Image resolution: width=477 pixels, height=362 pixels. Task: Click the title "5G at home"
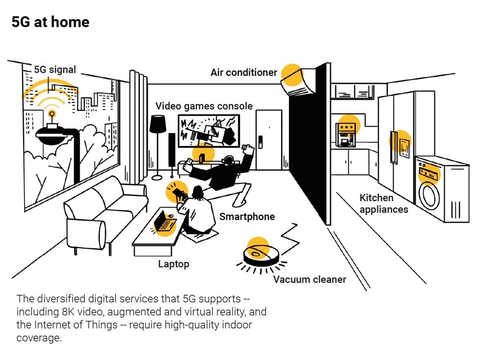50,22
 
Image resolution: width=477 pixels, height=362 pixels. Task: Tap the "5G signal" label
55,70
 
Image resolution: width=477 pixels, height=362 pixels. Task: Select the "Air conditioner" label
244,73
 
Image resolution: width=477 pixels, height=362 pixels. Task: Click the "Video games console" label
204,106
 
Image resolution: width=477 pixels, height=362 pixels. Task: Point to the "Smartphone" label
247,216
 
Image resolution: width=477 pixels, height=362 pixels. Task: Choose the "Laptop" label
173,264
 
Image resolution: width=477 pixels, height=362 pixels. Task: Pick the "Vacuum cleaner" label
310,280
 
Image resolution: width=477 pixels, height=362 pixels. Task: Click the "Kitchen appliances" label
384,204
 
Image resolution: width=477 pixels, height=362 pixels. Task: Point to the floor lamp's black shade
158,124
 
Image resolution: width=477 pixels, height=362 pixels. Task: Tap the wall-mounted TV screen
209,131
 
